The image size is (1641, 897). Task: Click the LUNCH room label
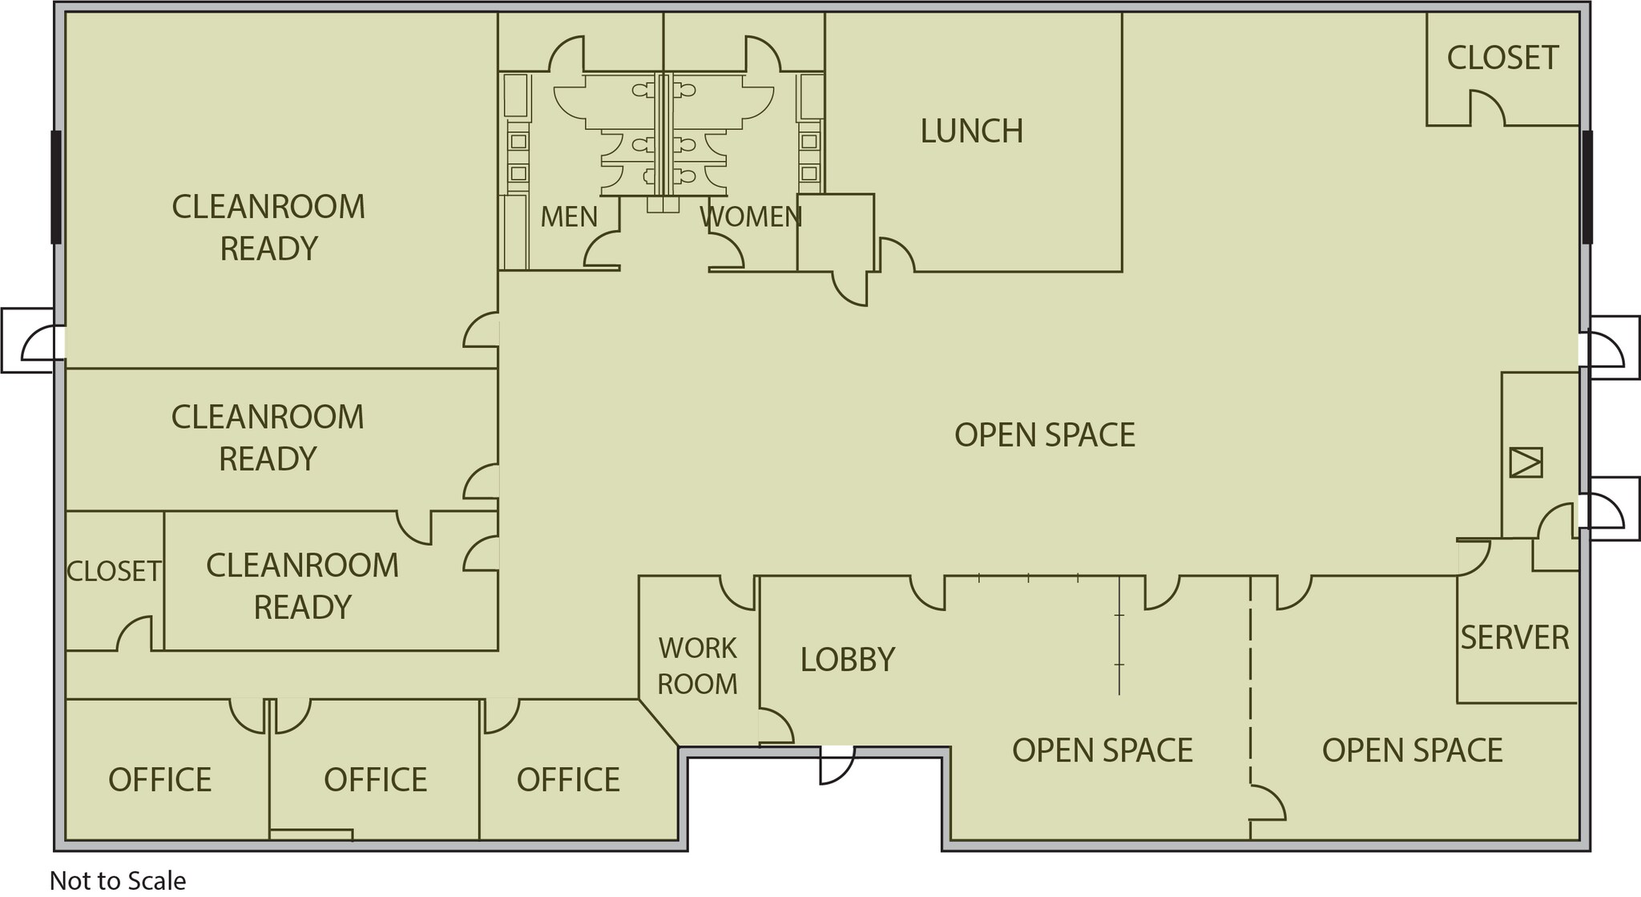(x=971, y=131)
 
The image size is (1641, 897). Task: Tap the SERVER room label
(x=1514, y=638)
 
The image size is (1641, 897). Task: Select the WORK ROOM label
(x=697, y=666)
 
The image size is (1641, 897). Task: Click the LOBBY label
(x=848, y=660)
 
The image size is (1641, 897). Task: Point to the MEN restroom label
(x=569, y=216)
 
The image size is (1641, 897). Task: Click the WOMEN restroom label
(x=751, y=216)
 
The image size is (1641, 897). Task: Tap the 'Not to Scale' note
(x=118, y=880)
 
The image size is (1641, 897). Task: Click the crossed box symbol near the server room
(x=1526, y=463)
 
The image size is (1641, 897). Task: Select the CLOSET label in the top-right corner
(x=1502, y=58)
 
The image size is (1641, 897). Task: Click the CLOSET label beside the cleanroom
(x=114, y=572)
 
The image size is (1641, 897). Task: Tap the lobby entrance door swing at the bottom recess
(x=836, y=766)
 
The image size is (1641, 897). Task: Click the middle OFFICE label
(x=375, y=780)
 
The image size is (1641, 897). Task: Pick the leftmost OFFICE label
(x=160, y=780)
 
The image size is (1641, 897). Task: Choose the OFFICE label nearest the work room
(x=568, y=780)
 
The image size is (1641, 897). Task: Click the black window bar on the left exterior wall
(x=56, y=187)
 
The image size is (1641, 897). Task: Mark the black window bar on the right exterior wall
(x=1587, y=187)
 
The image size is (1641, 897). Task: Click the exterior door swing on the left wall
(x=40, y=343)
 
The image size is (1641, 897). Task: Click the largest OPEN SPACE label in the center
(x=1044, y=435)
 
